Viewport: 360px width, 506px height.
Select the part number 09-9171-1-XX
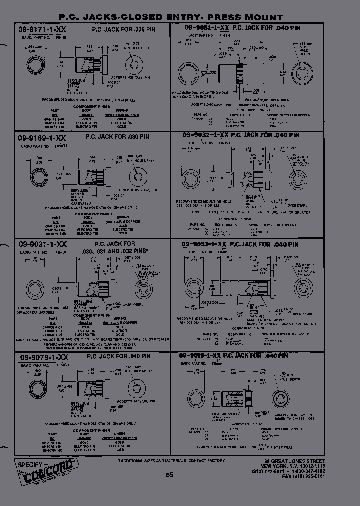42,30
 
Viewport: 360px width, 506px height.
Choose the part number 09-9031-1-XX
42,244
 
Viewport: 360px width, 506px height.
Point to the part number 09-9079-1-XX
42,358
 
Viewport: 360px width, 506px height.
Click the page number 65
170,475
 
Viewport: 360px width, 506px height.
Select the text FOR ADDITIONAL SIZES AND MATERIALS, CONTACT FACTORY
168,460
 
